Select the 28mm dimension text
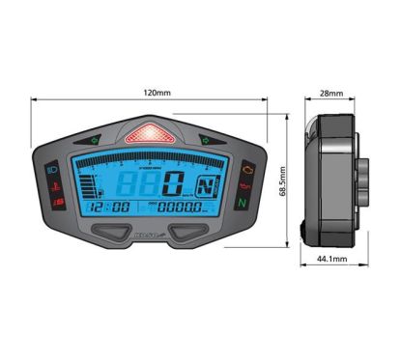click(330, 94)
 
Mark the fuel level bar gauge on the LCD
click(88, 182)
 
